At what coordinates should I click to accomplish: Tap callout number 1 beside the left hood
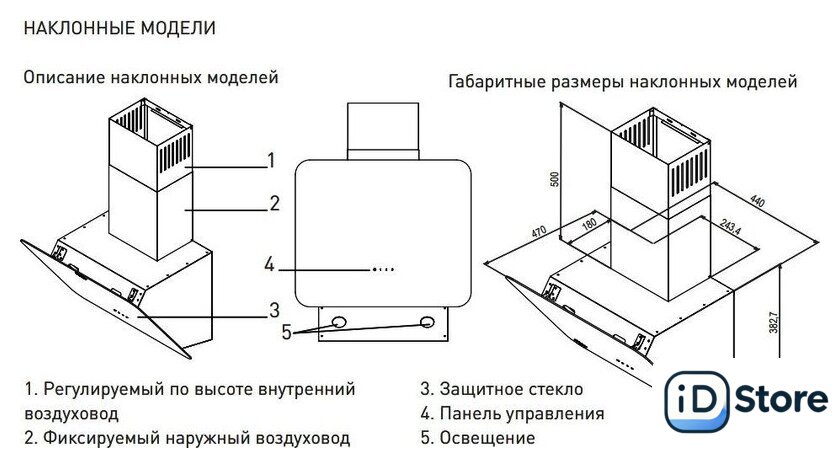coord(270,159)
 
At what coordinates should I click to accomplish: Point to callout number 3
coord(272,308)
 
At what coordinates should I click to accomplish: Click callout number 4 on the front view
coord(269,265)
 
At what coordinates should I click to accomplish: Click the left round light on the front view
coord(339,323)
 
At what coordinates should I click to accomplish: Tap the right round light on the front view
coord(428,323)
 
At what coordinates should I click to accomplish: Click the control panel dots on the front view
coord(384,269)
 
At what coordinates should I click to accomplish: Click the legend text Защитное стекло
coord(510,388)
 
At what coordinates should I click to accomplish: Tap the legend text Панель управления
coord(521,413)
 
